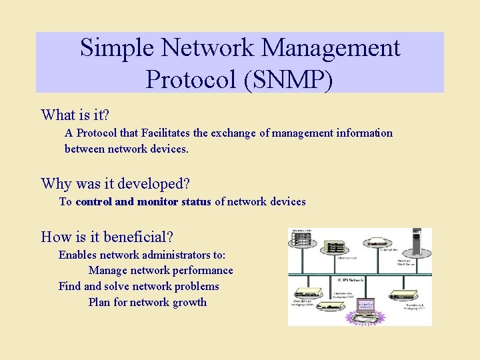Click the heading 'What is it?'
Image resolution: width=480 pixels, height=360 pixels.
75,115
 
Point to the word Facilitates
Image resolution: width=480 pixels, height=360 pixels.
175,133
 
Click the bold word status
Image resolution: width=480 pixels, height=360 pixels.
196,201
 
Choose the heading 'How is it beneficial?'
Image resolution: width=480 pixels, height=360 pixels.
107,237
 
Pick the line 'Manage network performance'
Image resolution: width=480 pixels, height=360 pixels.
161,271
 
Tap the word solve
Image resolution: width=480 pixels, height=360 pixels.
117,286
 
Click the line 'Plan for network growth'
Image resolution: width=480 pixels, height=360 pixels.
147,302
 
